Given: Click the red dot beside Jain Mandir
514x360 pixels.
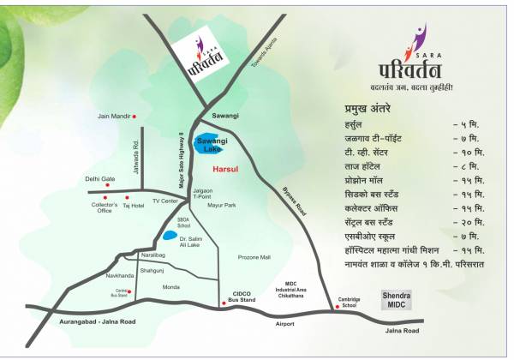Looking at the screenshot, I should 134,116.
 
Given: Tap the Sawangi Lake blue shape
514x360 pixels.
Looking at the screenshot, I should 208,143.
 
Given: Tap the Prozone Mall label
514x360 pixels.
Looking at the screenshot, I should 254,257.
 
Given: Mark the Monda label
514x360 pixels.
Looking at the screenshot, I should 171,287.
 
